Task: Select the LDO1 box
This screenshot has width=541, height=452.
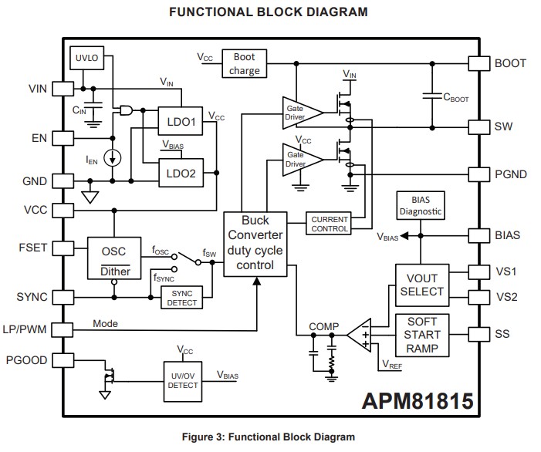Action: point(181,122)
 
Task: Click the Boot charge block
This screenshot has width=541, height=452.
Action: point(245,63)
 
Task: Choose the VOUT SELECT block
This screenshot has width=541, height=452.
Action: point(422,284)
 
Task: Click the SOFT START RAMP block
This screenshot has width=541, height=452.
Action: point(422,335)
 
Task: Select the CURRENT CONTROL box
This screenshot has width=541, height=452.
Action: point(330,224)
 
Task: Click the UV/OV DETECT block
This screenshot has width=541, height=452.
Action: point(184,380)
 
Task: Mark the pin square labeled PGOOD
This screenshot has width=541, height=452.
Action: point(63,360)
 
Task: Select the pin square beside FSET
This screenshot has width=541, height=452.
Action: point(63,249)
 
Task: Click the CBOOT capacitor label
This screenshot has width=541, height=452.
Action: point(455,98)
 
